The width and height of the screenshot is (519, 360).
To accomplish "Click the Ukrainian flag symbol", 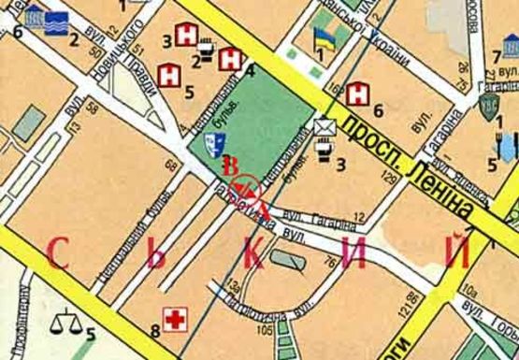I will click(x=324, y=38).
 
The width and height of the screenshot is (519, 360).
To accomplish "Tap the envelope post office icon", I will click(x=324, y=128).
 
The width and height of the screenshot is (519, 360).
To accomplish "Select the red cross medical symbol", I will click(x=173, y=320).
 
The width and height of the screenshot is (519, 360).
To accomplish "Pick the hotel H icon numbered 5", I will click(x=170, y=74).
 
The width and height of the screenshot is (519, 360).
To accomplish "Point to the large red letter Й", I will click(x=455, y=251).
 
